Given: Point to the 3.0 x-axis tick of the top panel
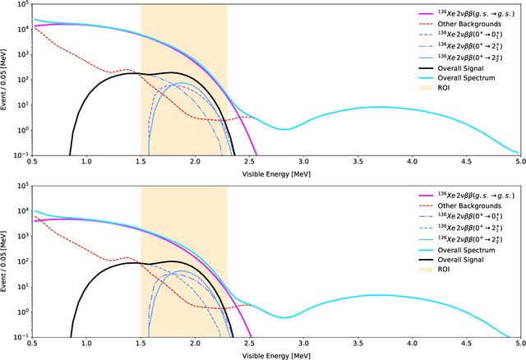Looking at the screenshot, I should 303,163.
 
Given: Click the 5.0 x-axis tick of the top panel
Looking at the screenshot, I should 519,163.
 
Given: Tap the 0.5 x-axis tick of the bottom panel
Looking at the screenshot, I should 32,346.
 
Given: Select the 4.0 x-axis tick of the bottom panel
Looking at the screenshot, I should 411,346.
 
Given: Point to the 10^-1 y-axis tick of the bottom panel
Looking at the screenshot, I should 16,337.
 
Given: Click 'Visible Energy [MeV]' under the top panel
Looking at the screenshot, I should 276,174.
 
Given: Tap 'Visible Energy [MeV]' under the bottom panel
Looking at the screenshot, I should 276,355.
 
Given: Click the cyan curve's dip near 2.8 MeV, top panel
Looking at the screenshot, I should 282,129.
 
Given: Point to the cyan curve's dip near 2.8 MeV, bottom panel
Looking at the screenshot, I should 282,317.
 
